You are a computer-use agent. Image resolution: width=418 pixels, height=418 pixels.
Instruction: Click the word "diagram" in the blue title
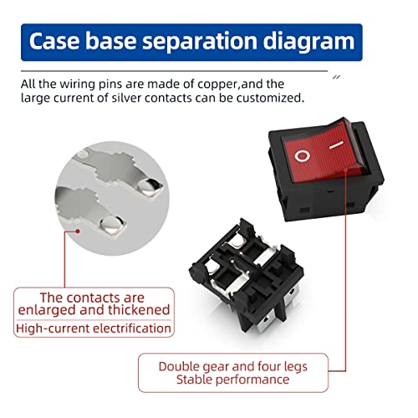click(x=308, y=42)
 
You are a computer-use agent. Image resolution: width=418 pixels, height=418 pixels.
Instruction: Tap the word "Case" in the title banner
click(x=54, y=41)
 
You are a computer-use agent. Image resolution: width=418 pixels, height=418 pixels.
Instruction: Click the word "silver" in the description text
click(x=127, y=98)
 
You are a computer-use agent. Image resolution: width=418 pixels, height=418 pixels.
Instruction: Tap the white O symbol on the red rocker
click(x=303, y=156)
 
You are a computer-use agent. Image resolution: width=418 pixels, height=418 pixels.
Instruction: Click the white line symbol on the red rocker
click(x=336, y=145)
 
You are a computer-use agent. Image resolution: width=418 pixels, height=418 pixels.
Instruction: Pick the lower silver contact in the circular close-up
click(x=112, y=225)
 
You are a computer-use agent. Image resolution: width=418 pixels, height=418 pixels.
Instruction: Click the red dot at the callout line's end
click(x=79, y=231)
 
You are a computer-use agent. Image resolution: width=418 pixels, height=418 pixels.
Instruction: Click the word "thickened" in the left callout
click(x=139, y=309)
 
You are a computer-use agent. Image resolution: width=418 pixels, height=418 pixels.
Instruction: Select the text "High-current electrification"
click(x=94, y=329)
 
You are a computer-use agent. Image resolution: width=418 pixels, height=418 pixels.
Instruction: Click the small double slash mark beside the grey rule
click(x=337, y=77)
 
